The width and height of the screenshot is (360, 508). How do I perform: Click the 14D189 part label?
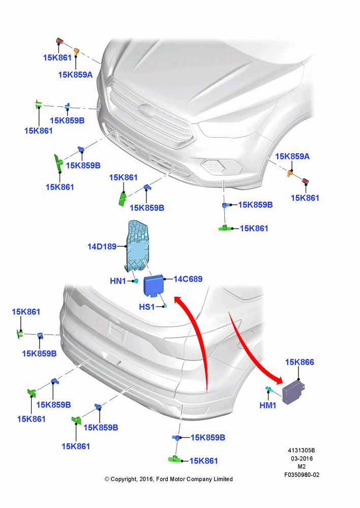[x=102, y=246]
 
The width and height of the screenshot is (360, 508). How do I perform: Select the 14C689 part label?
[x=188, y=279]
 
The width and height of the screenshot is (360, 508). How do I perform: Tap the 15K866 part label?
[x=299, y=362]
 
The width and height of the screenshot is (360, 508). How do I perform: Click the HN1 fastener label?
[x=118, y=281]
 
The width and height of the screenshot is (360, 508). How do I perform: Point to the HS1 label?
[x=146, y=306]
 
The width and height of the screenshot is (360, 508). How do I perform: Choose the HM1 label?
[x=268, y=405]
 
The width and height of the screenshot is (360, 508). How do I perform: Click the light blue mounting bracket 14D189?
[x=137, y=245]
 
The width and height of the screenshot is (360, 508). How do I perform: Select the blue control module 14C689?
[x=154, y=285]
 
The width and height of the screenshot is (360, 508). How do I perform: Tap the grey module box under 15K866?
[x=293, y=392]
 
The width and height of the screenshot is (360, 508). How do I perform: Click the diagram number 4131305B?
[x=302, y=450]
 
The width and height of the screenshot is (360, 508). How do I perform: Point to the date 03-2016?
[x=302, y=458]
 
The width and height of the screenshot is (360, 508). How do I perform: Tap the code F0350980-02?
[x=302, y=474]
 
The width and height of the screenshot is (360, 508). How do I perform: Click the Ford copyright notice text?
[x=169, y=479]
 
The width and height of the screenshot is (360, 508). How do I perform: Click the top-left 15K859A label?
[x=75, y=75]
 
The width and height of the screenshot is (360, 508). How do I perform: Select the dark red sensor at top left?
[x=59, y=41]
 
